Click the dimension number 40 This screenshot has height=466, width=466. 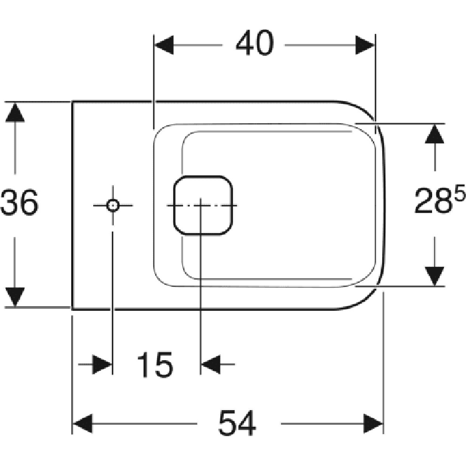coord(254,43)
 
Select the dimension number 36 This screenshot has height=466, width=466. coord(19,202)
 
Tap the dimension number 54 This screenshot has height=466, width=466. coord(237,423)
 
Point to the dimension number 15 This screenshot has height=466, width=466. coord(155,364)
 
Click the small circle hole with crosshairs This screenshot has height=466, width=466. coord(113,205)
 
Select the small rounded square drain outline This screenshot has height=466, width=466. coord(202,205)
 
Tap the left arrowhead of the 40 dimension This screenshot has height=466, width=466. coord(164,45)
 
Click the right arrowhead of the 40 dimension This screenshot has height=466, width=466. coord(365,45)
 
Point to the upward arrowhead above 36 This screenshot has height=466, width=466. coord(15,112)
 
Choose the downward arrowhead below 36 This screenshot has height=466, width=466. coord(15,297)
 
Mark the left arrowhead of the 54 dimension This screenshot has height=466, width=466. coord(83,423)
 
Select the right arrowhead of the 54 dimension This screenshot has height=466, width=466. coord(373,423)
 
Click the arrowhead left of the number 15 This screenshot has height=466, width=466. coord(103,364)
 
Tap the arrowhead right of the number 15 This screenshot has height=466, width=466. coord(211,364)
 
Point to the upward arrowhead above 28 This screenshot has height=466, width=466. coord(435,134)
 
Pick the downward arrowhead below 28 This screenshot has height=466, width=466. coord(435,276)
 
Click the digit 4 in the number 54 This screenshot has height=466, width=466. coord(246,423)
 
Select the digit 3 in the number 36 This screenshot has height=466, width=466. coord(10,202)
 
